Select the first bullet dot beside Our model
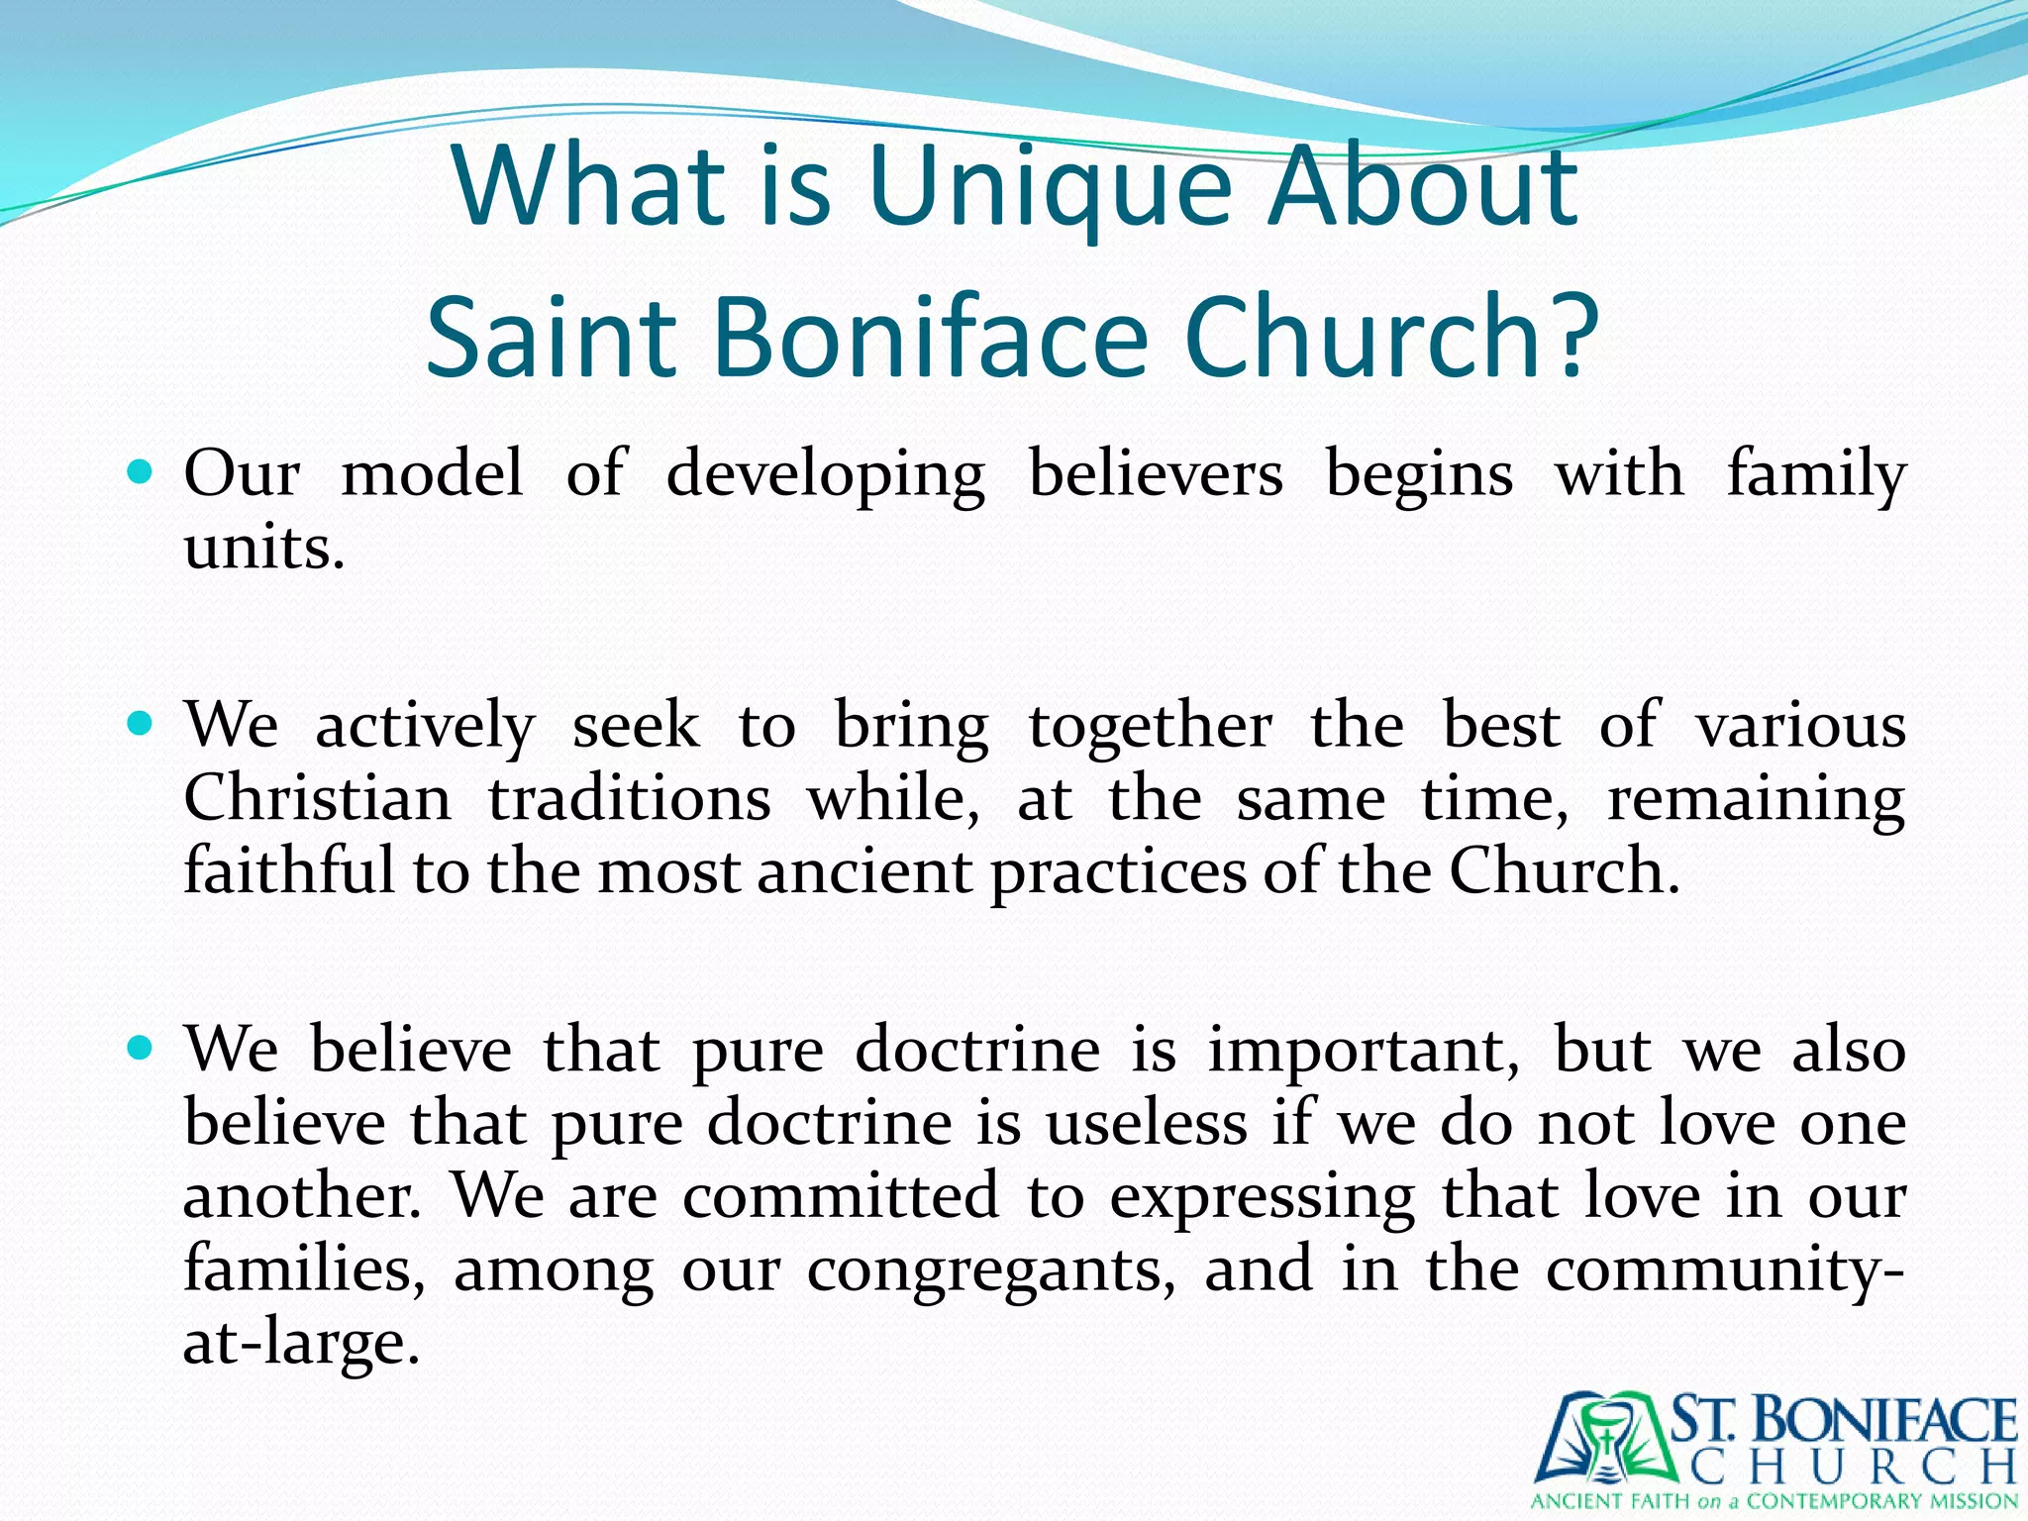click(141, 471)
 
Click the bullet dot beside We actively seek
click(141, 724)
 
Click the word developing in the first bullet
click(825, 475)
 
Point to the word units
click(263, 547)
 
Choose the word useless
click(1146, 1123)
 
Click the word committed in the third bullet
click(841, 1196)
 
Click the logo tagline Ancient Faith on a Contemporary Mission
click(1774, 1500)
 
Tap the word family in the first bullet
click(1816, 475)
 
